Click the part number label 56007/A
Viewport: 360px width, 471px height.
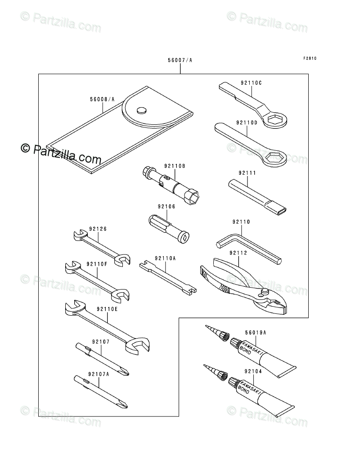point(180,60)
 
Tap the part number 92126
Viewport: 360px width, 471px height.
point(98,228)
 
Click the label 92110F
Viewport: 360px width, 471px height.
point(98,264)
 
